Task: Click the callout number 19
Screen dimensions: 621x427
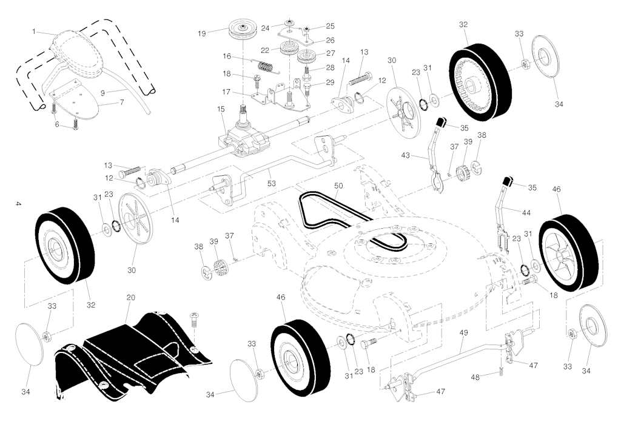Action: point(202,33)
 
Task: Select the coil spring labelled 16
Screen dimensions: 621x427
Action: point(267,66)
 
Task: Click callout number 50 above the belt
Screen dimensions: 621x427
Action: point(338,186)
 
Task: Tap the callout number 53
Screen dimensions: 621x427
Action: point(271,183)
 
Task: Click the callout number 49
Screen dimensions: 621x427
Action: point(463,332)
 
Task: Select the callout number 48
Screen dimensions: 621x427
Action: point(475,377)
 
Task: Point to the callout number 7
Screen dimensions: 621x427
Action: point(121,102)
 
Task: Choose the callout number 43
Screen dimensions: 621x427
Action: point(406,156)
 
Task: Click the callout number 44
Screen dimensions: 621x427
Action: point(526,213)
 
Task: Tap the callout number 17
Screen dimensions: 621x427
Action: point(226,92)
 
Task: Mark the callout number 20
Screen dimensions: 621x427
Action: point(131,297)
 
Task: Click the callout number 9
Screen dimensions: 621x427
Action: point(102,93)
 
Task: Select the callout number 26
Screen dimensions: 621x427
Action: point(330,40)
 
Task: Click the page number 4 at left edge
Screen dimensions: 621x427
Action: point(18,204)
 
